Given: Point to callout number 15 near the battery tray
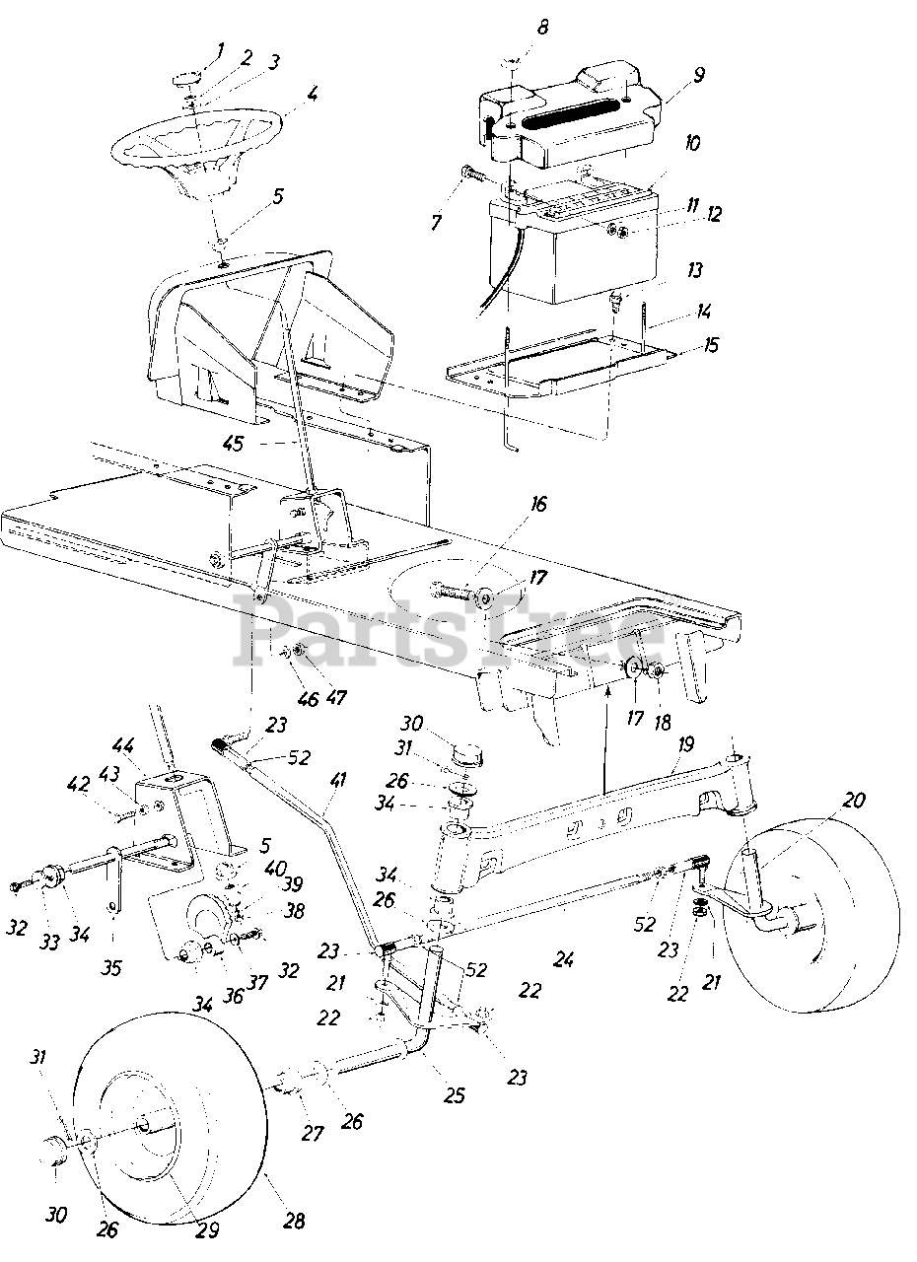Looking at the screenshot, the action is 712,345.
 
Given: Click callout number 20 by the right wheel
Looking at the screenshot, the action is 854,801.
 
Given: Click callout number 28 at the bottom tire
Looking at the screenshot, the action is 293,1222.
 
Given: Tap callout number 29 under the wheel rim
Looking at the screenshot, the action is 208,1229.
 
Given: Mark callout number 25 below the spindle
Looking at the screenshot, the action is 455,1095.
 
